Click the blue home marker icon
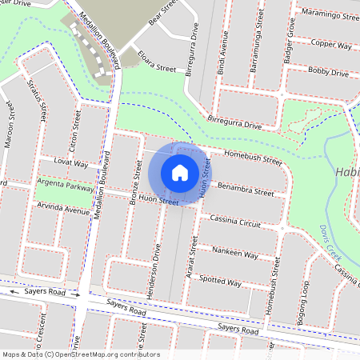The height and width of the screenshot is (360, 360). click(180, 172)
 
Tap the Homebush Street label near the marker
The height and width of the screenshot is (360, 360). click(253, 157)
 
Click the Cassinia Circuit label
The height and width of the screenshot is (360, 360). click(235, 222)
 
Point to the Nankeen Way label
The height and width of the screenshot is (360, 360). click(235, 253)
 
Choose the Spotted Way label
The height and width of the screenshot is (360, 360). click(220, 282)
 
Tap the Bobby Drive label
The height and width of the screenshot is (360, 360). click(328, 72)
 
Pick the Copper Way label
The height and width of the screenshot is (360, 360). click(332, 45)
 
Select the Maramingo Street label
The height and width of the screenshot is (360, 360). click(327, 14)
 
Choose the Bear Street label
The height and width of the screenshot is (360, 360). click(161, 14)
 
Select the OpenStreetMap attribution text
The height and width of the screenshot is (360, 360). click(81, 354)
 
